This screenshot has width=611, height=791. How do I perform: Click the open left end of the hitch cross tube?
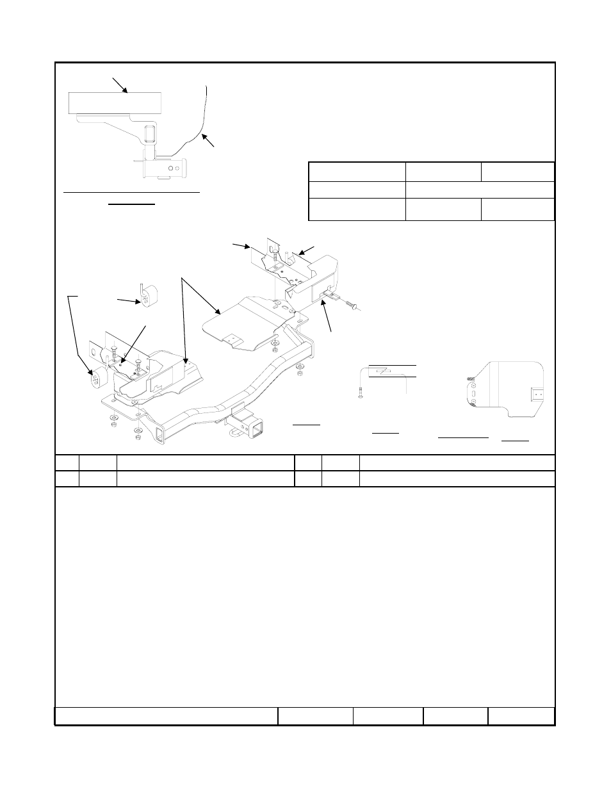pos(158,438)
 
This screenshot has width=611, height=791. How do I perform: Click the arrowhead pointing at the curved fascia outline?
pos(202,135)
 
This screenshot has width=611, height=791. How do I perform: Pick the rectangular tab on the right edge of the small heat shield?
pos(537,391)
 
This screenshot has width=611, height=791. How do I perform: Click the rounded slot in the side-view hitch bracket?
pos(149,136)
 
